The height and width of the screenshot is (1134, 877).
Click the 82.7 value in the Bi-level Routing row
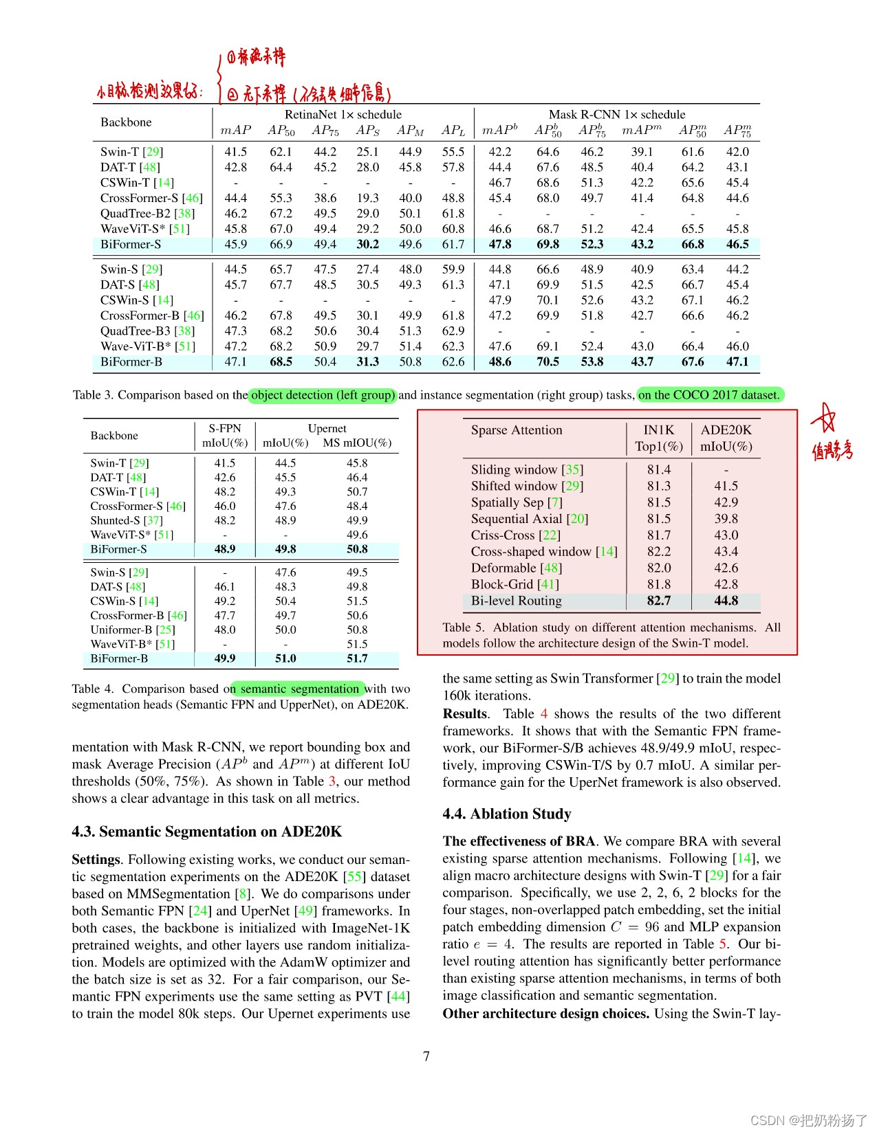[658, 601]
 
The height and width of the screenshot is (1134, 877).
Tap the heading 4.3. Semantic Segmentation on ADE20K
[206, 832]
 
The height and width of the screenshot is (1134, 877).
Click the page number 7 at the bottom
[426, 1056]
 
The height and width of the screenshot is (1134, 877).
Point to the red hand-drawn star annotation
[823, 418]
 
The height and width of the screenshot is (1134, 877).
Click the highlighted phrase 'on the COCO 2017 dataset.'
[709, 395]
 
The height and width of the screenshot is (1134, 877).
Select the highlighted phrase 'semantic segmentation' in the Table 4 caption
[299, 689]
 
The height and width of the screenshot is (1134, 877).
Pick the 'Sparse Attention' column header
[516, 430]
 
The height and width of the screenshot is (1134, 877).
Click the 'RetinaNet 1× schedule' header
[343, 115]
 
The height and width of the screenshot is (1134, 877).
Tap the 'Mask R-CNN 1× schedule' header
[616, 115]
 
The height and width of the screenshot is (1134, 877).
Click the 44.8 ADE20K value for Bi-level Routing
[726, 601]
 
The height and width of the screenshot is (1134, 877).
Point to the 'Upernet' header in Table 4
[327, 428]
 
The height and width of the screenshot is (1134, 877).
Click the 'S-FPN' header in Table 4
[224, 428]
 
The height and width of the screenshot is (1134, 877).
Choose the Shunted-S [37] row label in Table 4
[127, 520]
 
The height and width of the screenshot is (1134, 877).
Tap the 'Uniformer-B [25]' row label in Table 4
[132, 630]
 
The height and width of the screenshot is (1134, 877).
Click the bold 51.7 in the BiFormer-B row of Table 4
[356, 658]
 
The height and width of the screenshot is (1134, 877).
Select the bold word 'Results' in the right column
[464, 714]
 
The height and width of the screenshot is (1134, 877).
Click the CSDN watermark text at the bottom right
[808, 1120]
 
